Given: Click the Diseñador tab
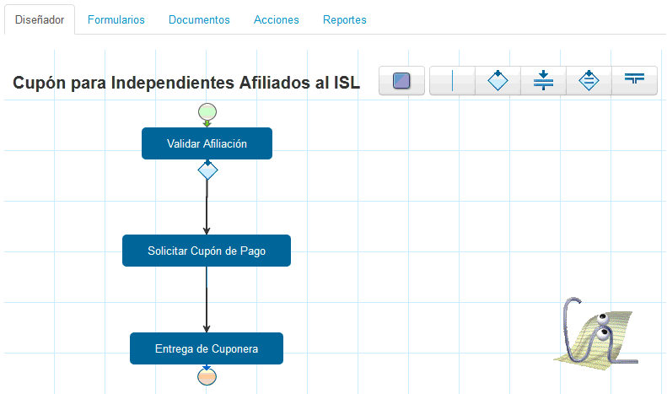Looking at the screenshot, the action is click(40, 19).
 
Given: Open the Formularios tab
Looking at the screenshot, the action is click(116, 19).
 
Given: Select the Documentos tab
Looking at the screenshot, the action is click(199, 19).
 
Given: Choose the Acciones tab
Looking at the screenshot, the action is click(277, 19).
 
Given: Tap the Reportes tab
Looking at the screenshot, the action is click(345, 19).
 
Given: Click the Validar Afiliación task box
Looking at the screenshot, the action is click(207, 143).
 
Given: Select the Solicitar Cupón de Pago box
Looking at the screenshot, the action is click(207, 251).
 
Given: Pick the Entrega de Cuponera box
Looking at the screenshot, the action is click(207, 348).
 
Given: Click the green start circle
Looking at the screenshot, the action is click(207, 112).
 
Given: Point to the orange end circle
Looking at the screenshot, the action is click(207, 376).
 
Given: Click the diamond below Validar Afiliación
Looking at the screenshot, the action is click(207, 170).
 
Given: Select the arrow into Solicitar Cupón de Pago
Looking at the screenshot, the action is click(207, 208).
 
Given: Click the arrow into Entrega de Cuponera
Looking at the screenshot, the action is click(207, 300).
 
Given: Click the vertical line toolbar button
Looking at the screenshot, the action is click(452, 80).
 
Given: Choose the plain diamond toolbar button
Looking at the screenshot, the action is click(498, 80).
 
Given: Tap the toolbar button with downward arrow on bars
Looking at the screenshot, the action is click(543, 80).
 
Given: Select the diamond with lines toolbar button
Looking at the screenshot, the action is click(589, 80).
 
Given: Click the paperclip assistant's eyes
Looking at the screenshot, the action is click(602, 326).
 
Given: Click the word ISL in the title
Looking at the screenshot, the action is click(347, 83).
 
